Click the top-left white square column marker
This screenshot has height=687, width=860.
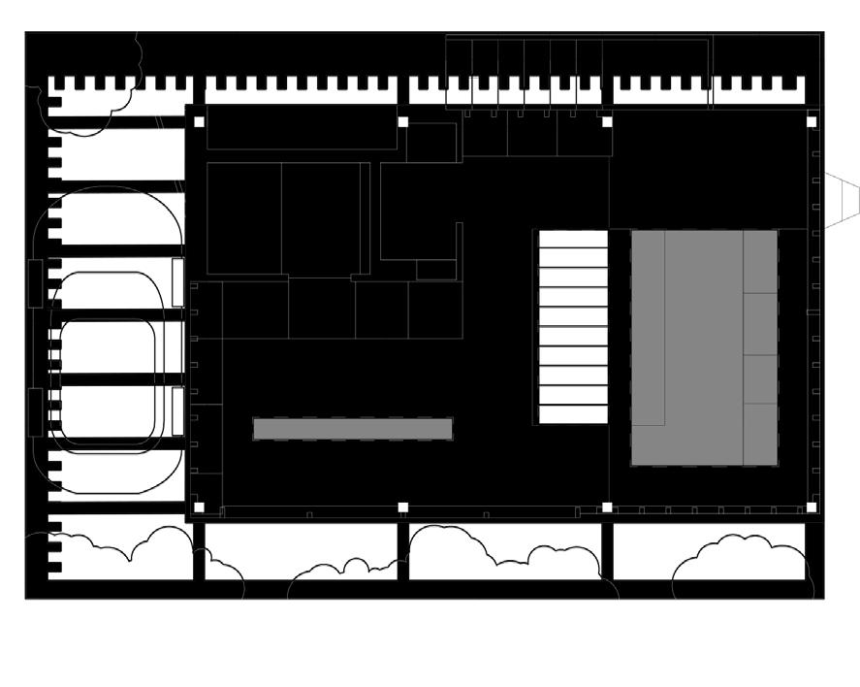coord(199,122)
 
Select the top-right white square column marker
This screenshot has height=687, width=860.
coord(812,122)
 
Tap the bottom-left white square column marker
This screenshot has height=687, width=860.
coord(199,507)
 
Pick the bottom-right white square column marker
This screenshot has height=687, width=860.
coord(812,507)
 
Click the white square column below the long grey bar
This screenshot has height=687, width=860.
coord(403,507)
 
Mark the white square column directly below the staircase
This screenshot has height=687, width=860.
coord(608,507)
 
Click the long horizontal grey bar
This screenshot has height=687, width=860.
coord(353,429)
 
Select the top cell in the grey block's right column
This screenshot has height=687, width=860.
coord(760,261)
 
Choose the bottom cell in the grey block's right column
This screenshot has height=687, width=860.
coord(760,434)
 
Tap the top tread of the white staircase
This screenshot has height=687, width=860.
coord(573,239)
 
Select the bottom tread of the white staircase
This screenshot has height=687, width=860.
coord(573,414)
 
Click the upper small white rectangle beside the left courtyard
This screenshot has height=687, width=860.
coord(177,282)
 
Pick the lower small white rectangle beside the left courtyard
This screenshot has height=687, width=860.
coord(177,412)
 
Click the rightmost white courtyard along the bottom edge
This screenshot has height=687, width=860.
coord(710,551)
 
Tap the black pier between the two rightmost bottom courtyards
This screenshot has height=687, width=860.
coord(607,551)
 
